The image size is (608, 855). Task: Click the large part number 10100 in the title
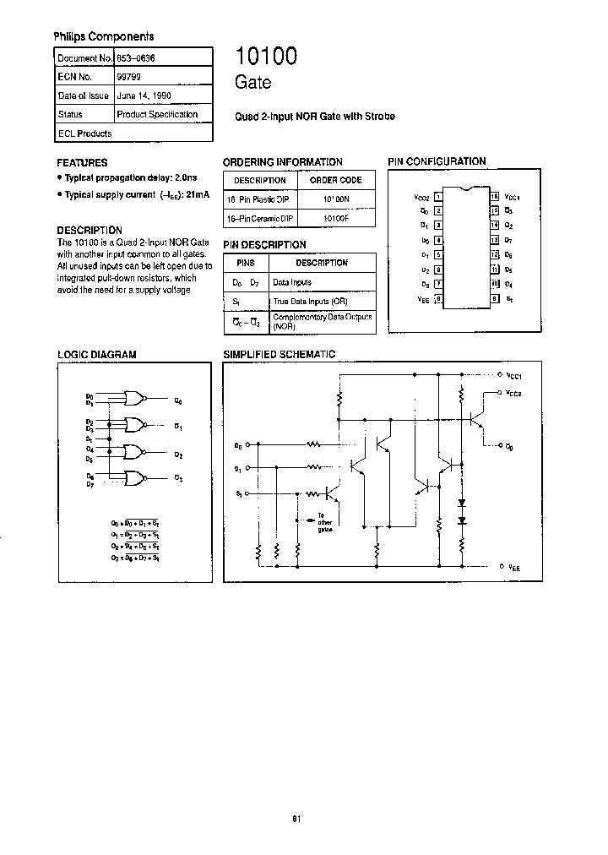pyautogui.click(x=266, y=57)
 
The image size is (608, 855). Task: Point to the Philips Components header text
pyautogui.click(x=104, y=36)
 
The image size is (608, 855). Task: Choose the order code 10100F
pyautogui.click(x=335, y=218)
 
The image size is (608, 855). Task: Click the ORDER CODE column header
pyautogui.click(x=336, y=180)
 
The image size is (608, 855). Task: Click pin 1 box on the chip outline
pyautogui.click(x=438, y=197)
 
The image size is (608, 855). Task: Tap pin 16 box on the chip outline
pyautogui.click(x=495, y=197)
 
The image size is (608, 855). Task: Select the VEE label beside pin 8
pyautogui.click(x=423, y=298)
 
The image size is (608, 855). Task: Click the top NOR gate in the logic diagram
pyautogui.click(x=133, y=399)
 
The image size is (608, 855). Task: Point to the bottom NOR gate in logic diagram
pyautogui.click(x=133, y=477)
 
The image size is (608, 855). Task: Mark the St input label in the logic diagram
pyautogui.click(x=89, y=438)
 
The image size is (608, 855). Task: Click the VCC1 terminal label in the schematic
pyautogui.click(x=516, y=375)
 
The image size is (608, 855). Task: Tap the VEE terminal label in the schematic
pyautogui.click(x=514, y=568)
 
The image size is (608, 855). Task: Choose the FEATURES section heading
pyautogui.click(x=82, y=162)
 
